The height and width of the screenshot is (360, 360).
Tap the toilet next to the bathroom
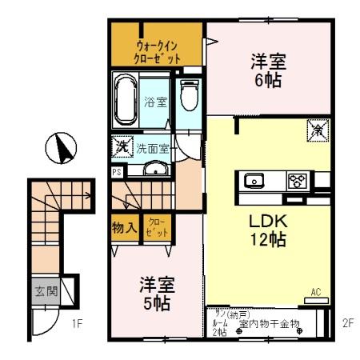(x=189, y=98)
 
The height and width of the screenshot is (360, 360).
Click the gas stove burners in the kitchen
(x=297, y=180)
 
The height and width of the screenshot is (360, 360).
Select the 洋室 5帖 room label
(x=157, y=295)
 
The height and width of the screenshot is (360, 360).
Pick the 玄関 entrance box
(x=46, y=291)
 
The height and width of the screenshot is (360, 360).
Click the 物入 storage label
(x=125, y=227)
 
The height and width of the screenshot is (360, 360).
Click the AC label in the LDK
(x=315, y=293)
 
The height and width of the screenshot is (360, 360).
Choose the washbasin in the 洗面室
(x=155, y=168)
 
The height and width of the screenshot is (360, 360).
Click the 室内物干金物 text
(x=269, y=323)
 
